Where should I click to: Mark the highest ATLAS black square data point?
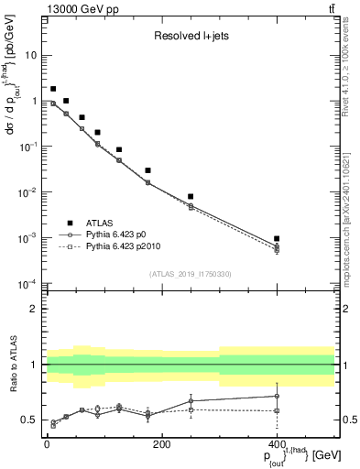click(x=53, y=89)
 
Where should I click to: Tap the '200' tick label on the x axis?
click(x=161, y=444)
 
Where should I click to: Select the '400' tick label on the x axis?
click(x=277, y=444)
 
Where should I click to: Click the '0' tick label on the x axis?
click(x=47, y=444)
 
